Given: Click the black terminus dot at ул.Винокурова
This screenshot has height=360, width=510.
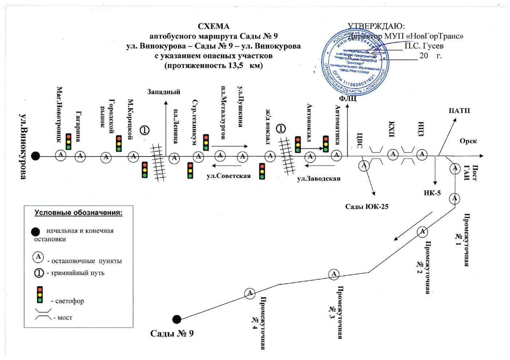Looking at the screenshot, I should click(x=35, y=156).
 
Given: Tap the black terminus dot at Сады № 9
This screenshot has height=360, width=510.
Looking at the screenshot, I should click(x=177, y=319).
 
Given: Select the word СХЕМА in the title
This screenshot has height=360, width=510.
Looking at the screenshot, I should click(x=213, y=26).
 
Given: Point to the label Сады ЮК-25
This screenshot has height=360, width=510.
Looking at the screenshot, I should click(x=366, y=206).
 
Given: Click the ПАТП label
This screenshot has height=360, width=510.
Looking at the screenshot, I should click(x=459, y=111).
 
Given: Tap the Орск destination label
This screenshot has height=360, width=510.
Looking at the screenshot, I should click(x=468, y=141).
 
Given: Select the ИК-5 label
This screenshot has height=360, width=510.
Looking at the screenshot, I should click(x=432, y=193).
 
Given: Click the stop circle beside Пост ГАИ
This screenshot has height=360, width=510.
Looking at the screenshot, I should click(x=455, y=169).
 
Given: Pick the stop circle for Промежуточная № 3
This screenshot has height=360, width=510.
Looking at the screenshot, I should click(x=334, y=274).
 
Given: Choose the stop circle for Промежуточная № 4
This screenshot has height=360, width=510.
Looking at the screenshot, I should click(x=250, y=293).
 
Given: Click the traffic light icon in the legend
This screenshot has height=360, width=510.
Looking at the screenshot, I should click(x=40, y=294).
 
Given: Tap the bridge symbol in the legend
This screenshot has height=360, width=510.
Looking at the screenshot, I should click(x=43, y=314).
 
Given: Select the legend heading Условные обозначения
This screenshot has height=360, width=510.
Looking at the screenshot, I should click(x=78, y=213).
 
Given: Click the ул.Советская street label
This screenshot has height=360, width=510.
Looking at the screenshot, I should click(x=228, y=176).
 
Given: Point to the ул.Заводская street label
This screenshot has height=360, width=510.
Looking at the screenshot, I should click(x=318, y=178).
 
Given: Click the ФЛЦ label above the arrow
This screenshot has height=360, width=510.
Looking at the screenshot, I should click(x=348, y=99).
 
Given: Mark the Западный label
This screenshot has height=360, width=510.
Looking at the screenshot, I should click(x=164, y=92).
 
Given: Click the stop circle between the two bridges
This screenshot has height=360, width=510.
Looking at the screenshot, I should click(x=393, y=154).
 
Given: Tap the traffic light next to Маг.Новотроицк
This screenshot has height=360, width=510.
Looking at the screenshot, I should click(x=68, y=142).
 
